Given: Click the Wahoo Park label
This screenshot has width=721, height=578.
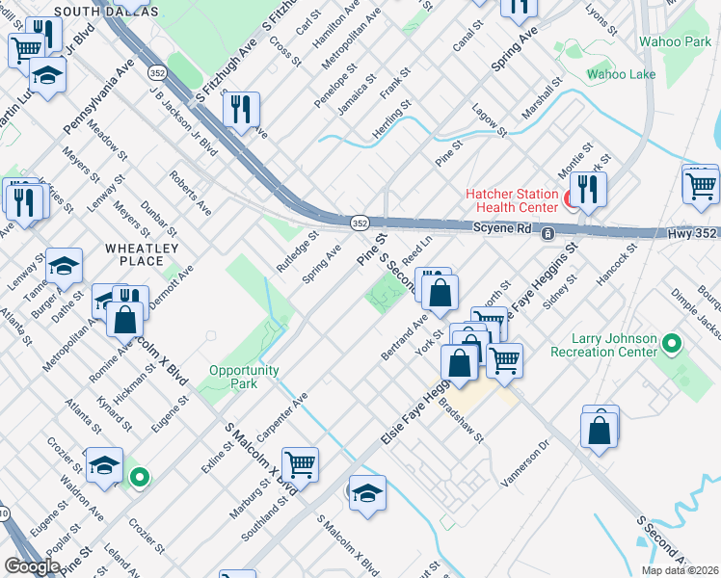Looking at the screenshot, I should [x=675, y=41].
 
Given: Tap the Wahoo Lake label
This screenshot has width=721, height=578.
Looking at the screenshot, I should [x=622, y=74].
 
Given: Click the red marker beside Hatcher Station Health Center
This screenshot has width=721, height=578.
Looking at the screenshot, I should [x=570, y=199].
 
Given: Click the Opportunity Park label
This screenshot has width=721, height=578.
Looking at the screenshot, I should [x=243, y=377].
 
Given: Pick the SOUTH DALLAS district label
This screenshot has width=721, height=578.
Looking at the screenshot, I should [x=106, y=11].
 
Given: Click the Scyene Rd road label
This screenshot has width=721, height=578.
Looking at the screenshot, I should [x=501, y=228].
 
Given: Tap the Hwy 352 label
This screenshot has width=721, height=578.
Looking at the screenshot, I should [x=691, y=234].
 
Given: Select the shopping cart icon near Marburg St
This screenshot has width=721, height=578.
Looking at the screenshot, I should [x=300, y=464].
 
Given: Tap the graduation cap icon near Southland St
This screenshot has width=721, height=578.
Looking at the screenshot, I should [x=367, y=493].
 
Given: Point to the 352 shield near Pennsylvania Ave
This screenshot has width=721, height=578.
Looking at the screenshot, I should [x=155, y=73].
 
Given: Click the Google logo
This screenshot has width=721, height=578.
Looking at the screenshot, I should [x=32, y=566].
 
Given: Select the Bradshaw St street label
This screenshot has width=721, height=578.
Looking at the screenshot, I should [x=462, y=422].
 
